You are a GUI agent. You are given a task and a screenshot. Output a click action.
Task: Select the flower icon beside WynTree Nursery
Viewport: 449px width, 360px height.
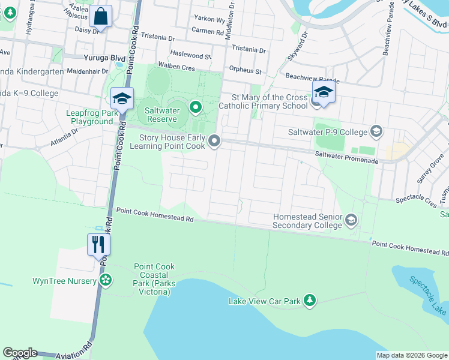(106, 280)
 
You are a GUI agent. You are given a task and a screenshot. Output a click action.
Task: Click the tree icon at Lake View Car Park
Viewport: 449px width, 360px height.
(309, 300)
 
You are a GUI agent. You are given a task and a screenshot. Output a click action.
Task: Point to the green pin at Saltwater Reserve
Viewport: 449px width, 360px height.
(195, 107)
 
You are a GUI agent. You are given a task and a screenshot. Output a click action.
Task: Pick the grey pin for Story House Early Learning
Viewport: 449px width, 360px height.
(215, 142)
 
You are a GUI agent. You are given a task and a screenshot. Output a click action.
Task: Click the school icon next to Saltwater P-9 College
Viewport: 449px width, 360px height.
(376, 131)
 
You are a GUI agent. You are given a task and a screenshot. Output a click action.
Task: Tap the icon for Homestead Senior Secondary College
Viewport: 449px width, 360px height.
(351, 221)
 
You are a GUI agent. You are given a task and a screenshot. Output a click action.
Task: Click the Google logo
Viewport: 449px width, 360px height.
(20, 353)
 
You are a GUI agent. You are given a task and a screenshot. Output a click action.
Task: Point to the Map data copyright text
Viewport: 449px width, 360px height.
(411, 355)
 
